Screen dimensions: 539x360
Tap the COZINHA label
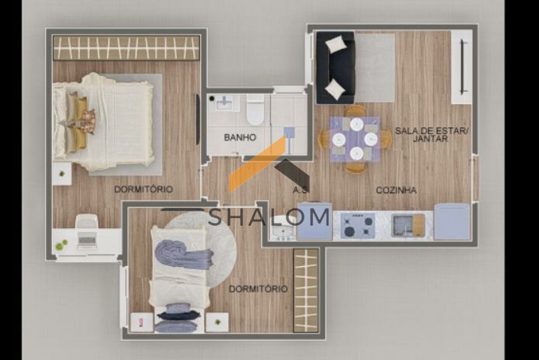pos(396,190)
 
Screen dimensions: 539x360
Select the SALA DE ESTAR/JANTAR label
pos(432,134)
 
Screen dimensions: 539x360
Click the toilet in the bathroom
pos(255,110)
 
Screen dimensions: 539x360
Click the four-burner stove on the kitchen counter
pos(358,226)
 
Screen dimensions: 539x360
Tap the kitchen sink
pos(408,226)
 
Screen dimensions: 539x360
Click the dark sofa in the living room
pos(336,68)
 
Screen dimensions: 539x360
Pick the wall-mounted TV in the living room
pos(462,67)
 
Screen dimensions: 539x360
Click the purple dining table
pos(355,139)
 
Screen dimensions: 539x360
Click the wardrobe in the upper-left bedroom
pos(126,48)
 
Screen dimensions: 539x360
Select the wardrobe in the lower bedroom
pos(306,291)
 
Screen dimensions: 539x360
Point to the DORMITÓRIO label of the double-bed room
pos(144,189)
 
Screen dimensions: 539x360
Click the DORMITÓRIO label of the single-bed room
pos(258,289)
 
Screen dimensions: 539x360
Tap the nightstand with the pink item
pos(141,323)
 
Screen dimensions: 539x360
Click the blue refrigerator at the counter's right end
pos(452,221)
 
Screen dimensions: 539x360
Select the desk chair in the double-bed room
pos(87,221)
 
